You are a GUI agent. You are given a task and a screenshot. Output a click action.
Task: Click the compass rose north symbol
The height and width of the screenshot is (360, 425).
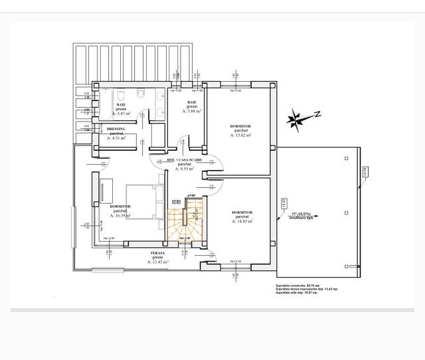click(x=297, y=120)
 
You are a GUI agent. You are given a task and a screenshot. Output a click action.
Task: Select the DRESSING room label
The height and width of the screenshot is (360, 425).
click(x=117, y=129)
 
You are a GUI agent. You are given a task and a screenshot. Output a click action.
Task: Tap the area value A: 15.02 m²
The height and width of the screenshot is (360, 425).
click(x=240, y=135)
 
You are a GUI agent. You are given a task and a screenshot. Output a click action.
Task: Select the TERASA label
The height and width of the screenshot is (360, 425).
click(x=158, y=253)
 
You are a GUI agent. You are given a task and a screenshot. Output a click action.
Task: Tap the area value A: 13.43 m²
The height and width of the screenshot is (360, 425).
click(x=158, y=262)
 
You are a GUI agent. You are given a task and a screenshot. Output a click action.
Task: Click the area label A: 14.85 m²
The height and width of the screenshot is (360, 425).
click(x=242, y=221)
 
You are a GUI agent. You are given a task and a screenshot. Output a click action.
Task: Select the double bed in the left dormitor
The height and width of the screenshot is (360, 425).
click(x=145, y=202)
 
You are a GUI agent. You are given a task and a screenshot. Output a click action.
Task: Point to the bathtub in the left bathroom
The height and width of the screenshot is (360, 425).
click(x=100, y=106)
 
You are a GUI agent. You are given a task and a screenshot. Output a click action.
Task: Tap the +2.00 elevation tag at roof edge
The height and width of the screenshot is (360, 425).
click(x=364, y=173)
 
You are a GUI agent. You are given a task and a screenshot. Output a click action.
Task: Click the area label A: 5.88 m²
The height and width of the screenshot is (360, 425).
click(x=193, y=111)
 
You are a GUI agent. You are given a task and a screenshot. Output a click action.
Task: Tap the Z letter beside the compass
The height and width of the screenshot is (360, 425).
click(x=318, y=114)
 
